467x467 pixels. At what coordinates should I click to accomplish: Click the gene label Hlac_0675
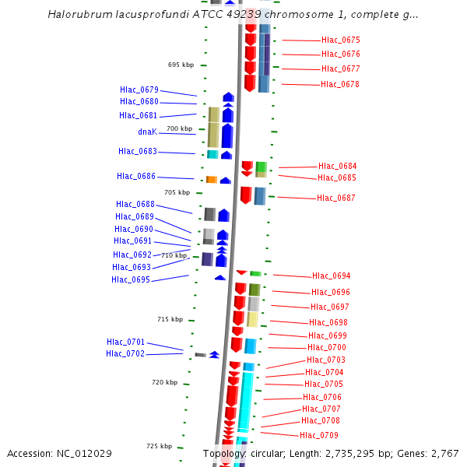point(340,40)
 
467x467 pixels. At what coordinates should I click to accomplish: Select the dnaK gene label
point(147,132)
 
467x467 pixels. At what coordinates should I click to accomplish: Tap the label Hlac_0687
point(335,198)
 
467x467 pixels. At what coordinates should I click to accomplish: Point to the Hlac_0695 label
point(131,279)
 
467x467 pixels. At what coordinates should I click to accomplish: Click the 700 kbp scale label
point(179,128)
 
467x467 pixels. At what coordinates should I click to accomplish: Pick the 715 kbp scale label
point(170,319)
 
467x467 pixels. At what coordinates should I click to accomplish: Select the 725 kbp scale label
point(159,446)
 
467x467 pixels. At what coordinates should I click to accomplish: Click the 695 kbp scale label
point(181,65)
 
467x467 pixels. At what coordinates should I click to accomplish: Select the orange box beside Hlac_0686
point(211,180)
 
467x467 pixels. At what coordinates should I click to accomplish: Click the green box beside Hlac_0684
point(262,167)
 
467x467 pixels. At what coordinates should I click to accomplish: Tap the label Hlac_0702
point(125,354)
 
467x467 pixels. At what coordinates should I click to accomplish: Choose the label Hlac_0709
point(318,435)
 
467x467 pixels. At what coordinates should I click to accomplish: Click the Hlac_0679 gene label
point(139,90)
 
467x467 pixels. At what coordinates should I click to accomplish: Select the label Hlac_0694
point(331,276)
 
